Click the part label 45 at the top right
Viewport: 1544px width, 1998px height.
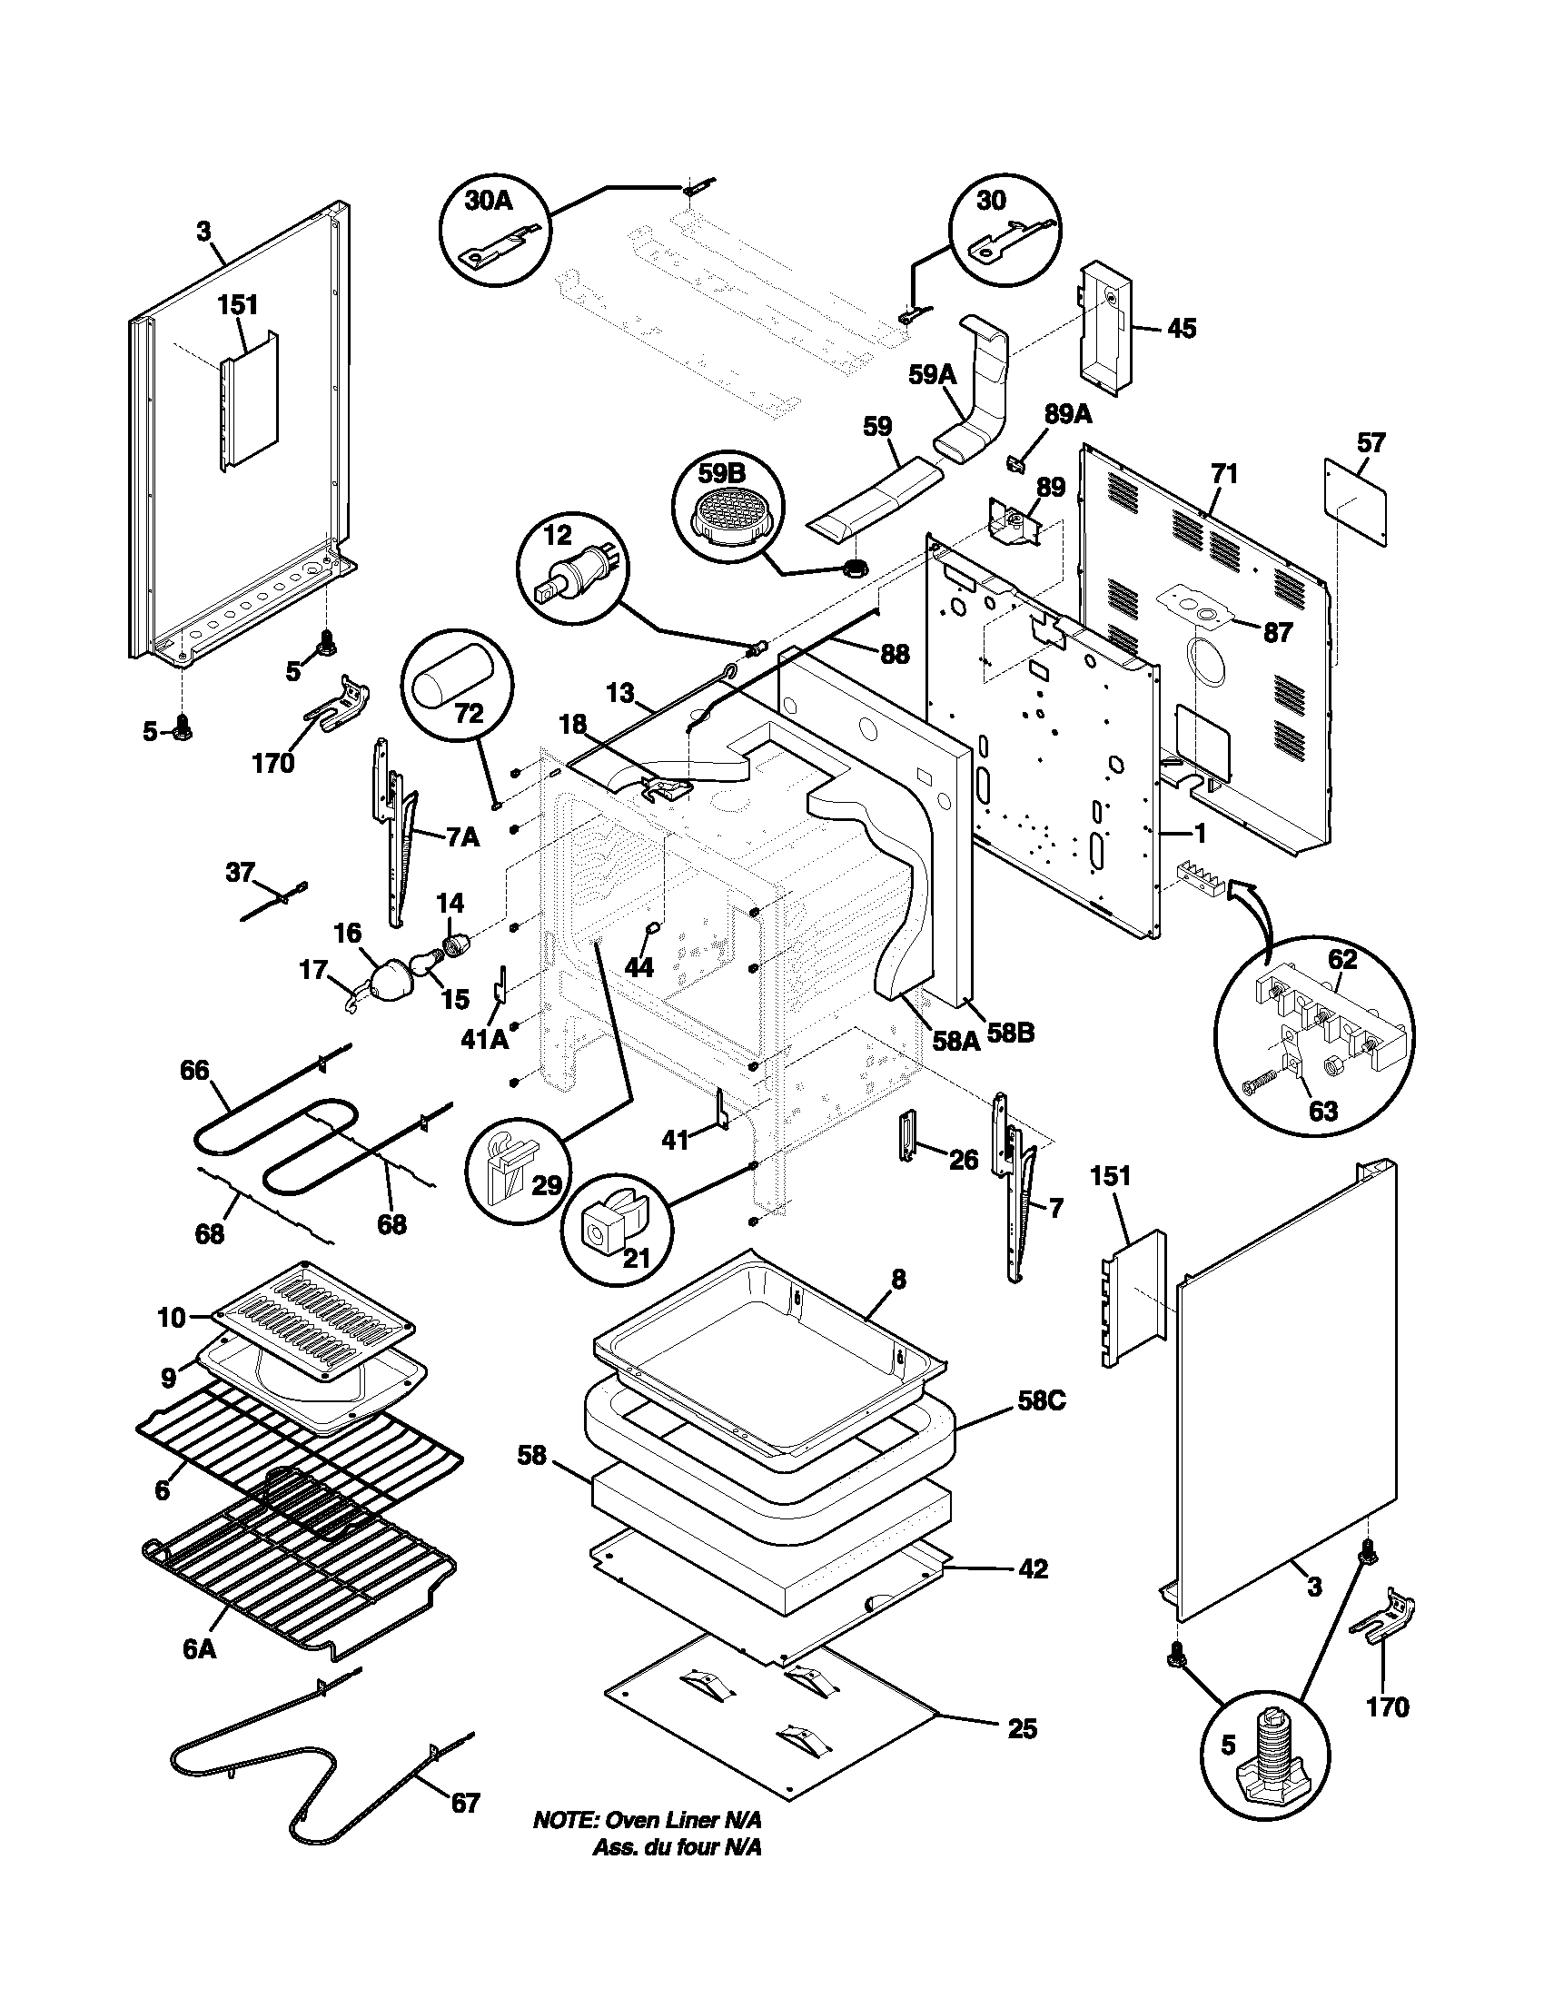[x=1182, y=329]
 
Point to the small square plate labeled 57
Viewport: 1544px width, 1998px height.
[x=1356, y=502]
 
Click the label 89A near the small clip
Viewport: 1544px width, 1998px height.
[x=1067, y=415]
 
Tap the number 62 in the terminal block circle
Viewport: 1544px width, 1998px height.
[x=1341, y=960]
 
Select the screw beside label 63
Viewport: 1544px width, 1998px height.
[x=1261, y=1086]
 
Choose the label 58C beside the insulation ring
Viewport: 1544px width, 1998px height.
[x=1040, y=1401]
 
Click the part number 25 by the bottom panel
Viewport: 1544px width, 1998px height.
[x=1022, y=1729]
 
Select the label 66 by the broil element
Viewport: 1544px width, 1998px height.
[x=195, y=1070]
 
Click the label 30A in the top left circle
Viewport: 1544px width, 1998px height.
[x=488, y=202]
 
